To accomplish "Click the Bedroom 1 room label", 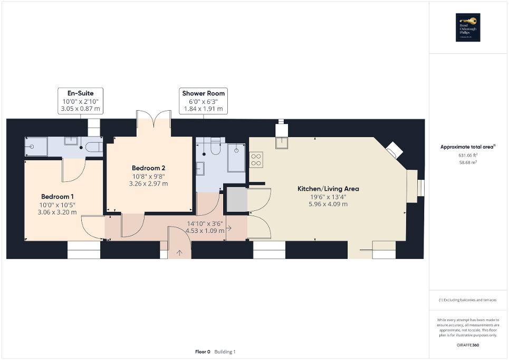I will click(x=57, y=197).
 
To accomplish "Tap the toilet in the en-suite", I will click(x=93, y=147).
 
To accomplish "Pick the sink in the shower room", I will click(x=200, y=169).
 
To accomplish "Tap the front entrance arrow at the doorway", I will click(x=179, y=253).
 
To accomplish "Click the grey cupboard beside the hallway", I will click(x=236, y=200).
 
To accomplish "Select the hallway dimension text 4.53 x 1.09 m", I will click(x=205, y=230).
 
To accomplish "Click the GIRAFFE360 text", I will click(x=468, y=344).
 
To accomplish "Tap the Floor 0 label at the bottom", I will click(x=203, y=352).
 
